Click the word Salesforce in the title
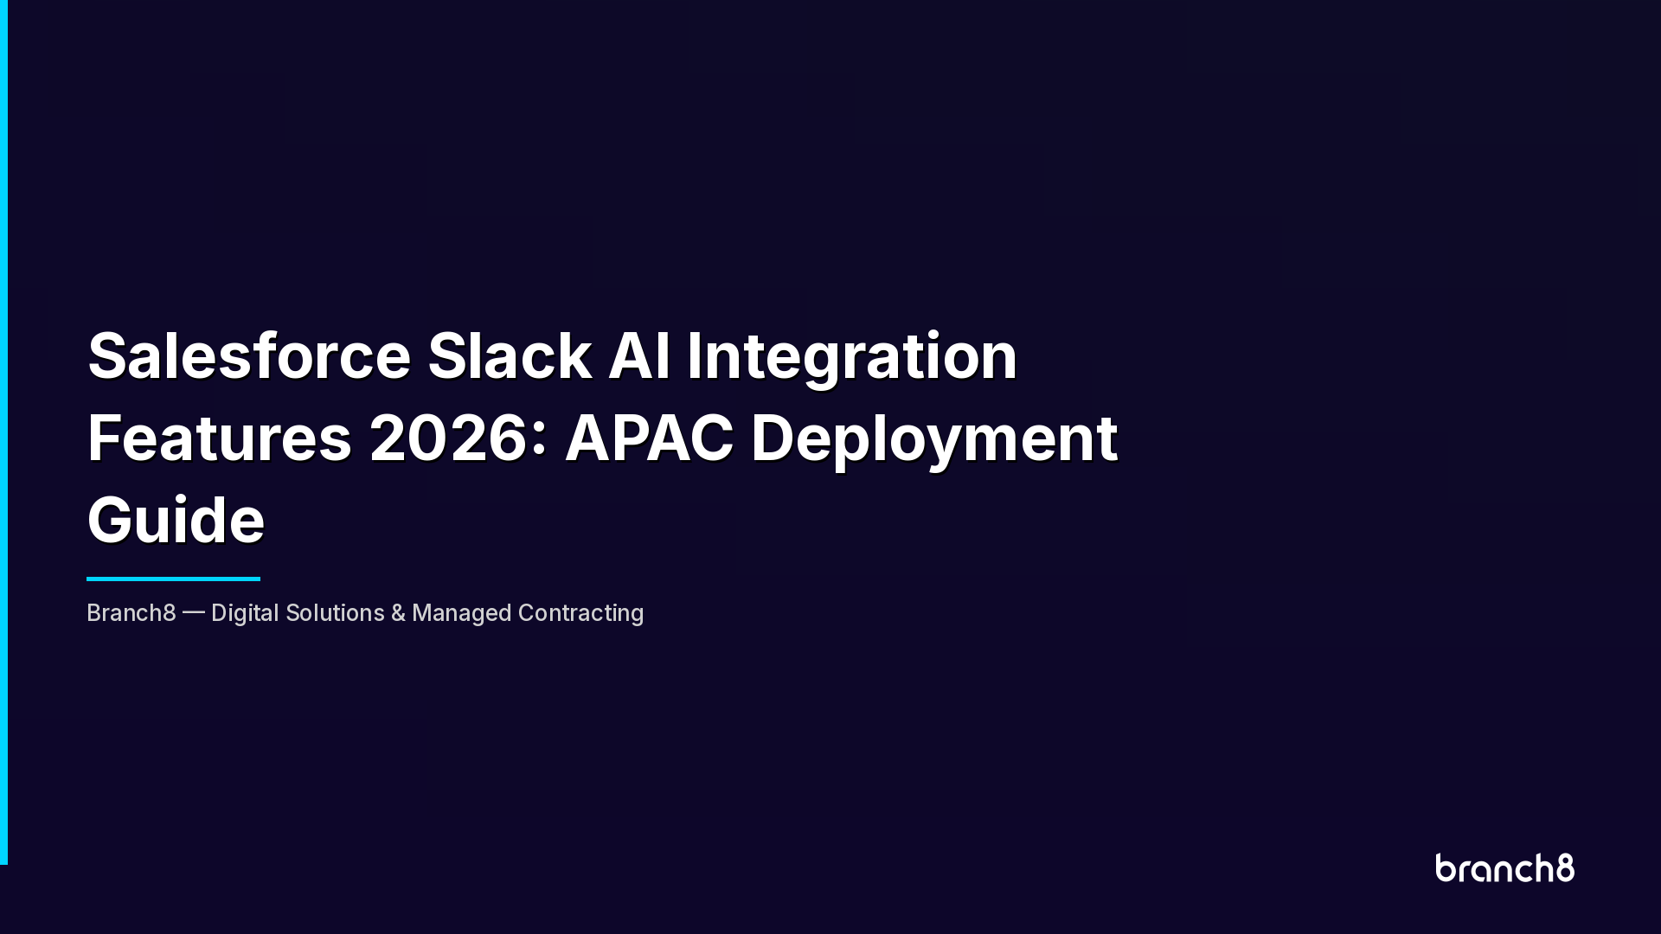[249, 355]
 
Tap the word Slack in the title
[510, 355]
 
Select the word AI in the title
[639, 355]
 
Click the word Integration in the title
[852, 355]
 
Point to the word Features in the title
[220, 438]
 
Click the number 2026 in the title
[448, 438]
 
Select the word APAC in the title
[649, 438]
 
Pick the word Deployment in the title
[934, 438]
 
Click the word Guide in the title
[176, 521]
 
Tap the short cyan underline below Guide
[173, 579]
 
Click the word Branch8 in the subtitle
[131, 613]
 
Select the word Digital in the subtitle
[245, 613]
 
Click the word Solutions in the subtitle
[335, 613]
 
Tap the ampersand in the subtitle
[398, 613]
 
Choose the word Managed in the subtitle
[461, 613]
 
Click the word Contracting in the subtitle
[580, 613]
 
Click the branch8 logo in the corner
[1504, 868]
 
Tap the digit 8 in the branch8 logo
[1565, 868]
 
